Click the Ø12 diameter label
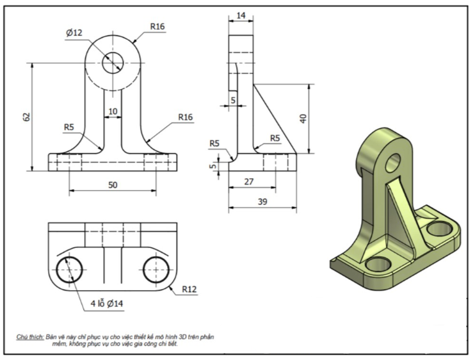coord(74,33)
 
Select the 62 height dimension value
coord(26,117)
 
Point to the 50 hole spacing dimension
coord(113,184)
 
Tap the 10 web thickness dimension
coord(113,111)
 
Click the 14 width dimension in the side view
coord(241,14)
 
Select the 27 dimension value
coord(250,181)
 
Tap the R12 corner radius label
coord(189,290)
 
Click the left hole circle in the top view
coord(68,270)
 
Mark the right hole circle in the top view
coord(156,270)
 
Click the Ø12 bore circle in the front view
coord(113,61)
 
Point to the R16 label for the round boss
coord(157,26)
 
